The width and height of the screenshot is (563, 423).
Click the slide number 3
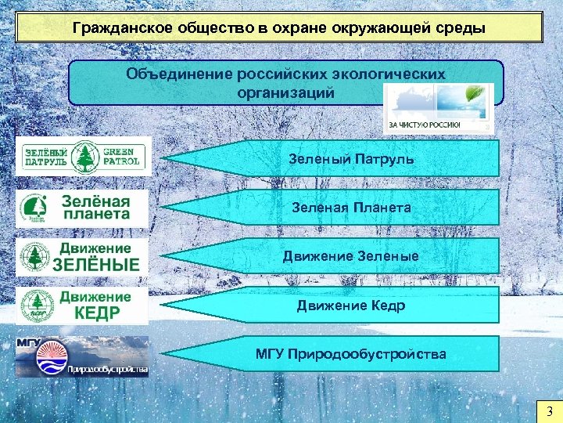(549, 411)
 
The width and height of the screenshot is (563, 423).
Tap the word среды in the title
(463, 29)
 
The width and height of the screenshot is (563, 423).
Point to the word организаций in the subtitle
(285, 92)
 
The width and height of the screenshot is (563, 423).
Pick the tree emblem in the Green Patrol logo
(84, 157)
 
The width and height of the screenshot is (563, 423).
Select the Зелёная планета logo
(82, 208)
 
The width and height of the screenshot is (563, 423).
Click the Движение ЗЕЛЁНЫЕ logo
(82, 256)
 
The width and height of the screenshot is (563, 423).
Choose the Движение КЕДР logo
(82, 305)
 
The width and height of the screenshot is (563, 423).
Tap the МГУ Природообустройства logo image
(82, 356)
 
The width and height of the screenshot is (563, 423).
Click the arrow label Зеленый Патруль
(350, 159)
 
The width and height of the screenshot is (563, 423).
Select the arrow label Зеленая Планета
(350, 208)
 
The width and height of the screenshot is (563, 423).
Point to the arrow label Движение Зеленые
(350, 256)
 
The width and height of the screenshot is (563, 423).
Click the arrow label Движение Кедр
(350, 305)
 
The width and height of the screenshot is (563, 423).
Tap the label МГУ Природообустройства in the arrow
(350, 354)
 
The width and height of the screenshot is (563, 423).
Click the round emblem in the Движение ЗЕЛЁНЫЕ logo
(34, 257)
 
